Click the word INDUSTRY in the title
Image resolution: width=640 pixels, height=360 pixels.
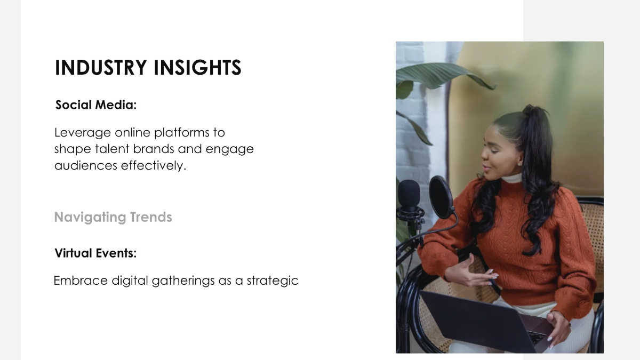101,68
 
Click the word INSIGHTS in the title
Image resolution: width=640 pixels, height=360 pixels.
198,68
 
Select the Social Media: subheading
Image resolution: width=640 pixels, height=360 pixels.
96,105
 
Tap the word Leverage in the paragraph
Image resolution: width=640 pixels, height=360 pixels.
82,133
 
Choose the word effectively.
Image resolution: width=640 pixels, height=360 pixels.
154,165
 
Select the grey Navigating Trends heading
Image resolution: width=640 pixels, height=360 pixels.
113,217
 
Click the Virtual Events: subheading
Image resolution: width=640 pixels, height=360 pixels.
95,253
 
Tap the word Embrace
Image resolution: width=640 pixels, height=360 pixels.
81,281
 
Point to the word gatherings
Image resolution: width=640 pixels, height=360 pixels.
183,281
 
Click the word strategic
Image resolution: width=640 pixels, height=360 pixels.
273,281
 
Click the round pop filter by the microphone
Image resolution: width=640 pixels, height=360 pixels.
441,197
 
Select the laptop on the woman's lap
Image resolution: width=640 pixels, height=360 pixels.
486,322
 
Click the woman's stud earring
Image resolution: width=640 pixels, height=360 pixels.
519,164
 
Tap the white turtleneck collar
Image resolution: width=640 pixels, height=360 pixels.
512,178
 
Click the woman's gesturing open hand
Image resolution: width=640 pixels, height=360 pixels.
471,271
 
